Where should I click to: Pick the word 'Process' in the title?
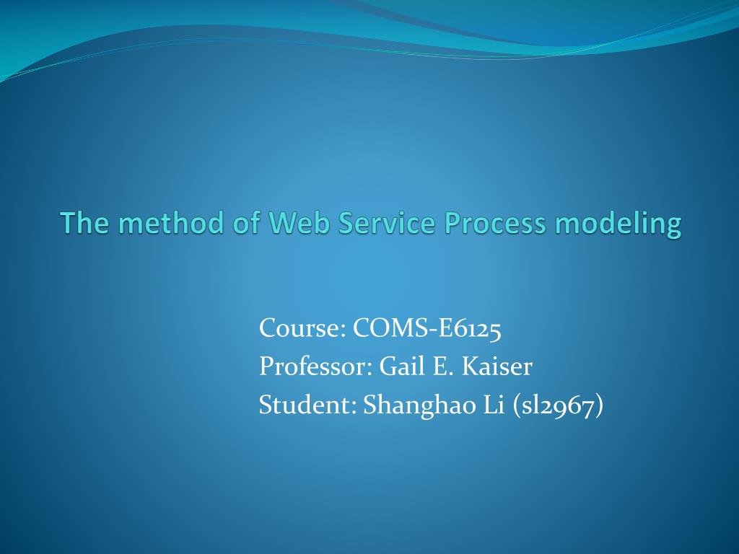(495, 222)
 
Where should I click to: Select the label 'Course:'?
(302, 327)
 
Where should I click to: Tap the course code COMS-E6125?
(427, 327)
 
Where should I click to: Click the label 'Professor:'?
(316, 366)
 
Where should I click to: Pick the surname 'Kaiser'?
(497, 366)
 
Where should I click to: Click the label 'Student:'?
(307, 405)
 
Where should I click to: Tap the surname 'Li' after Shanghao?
(494, 405)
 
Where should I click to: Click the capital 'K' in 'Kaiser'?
(470, 366)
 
